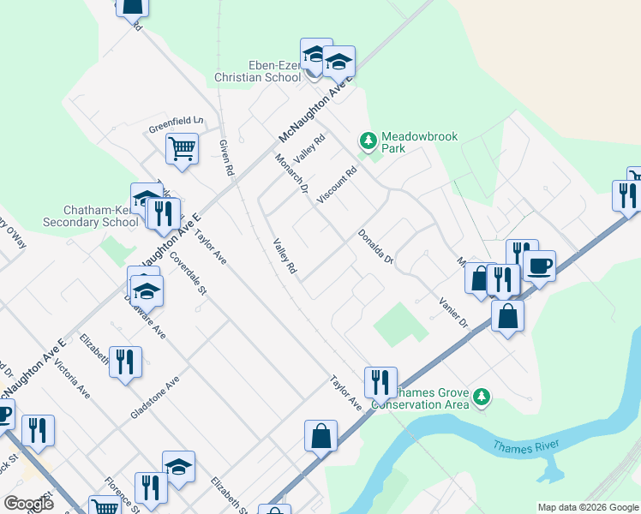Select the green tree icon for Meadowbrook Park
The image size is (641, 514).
[x=368, y=140]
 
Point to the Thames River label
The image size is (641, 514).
[x=526, y=445]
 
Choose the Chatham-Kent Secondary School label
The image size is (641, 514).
[x=100, y=216]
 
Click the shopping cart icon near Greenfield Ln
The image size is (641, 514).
[x=182, y=148]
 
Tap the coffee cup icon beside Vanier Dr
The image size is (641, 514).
[x=539, y=266]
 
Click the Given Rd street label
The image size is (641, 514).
[x=226, y=158]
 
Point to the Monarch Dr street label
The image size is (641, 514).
[x=291, y=173]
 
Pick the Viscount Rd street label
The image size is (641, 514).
[x=336, y=185]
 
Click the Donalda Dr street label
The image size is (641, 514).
[x=374, y=247]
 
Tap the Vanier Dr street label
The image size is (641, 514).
[x=452, y=313]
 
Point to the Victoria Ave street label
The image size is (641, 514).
[x=72, y=379]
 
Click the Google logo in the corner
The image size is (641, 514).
[x=28, y=504]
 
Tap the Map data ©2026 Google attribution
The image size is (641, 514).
[x=588, y=507]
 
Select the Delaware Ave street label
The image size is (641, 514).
[x=144, y=317]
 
